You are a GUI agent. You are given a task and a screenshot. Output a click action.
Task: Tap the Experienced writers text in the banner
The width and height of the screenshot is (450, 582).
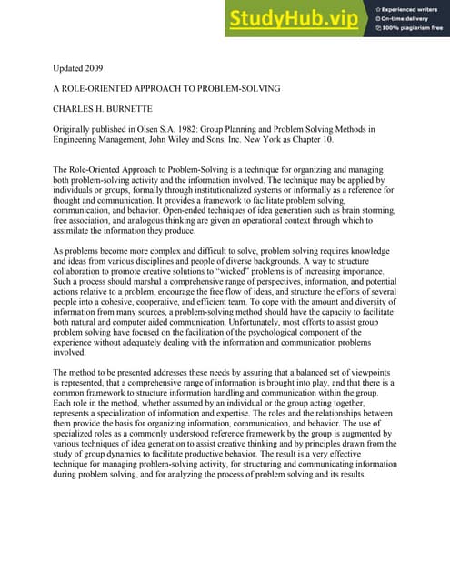tap(408, 7)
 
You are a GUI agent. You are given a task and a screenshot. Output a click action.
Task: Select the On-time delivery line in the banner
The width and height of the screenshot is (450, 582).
tap(405, 18)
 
